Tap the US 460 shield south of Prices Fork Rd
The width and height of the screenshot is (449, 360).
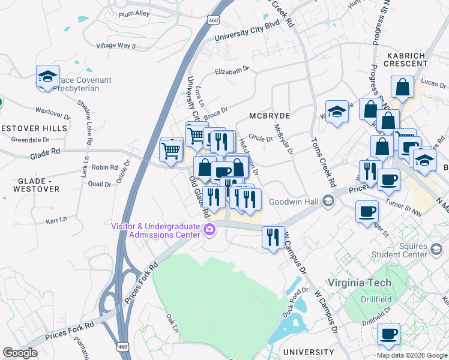[122, 346]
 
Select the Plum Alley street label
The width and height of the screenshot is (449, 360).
[134, 13]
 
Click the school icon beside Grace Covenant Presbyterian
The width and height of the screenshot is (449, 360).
[47, 77]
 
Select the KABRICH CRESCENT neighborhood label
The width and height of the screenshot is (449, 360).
[402, 60]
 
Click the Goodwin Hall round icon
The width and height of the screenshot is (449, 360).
[328, 201]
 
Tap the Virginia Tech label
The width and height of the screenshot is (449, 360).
[359, 283]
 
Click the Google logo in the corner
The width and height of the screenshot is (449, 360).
[20, 353]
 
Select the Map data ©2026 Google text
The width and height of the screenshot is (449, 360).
[412, 355]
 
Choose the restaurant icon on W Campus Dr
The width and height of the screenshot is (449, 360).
[274, 237]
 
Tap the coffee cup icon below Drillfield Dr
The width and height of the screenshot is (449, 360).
[389, 334]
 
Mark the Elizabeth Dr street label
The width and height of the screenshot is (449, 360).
[232, 71]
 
